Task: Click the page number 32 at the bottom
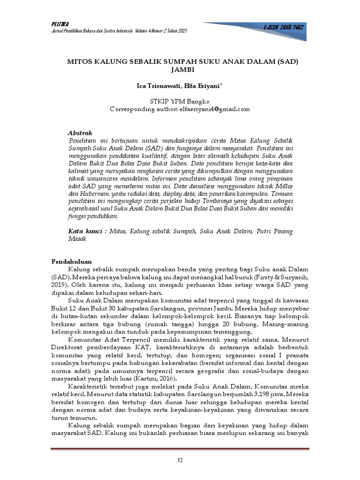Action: tap(180, 461)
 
